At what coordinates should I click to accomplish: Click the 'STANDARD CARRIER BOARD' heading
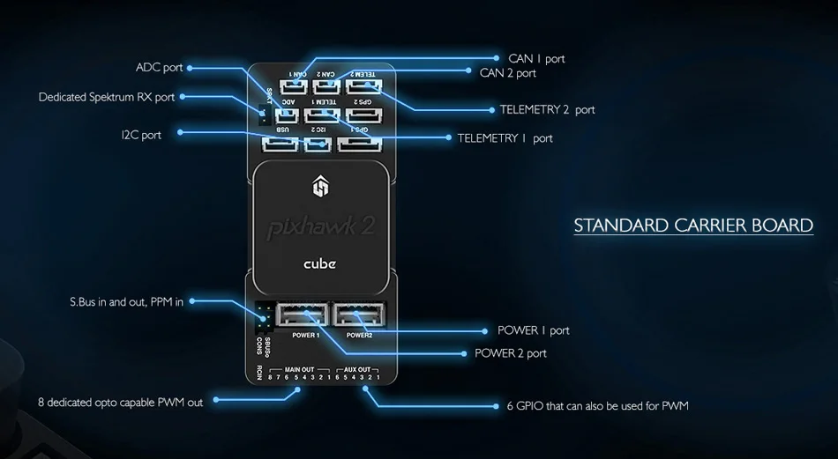[x=693, y=226]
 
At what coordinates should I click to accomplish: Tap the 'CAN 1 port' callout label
[x=536, y=59]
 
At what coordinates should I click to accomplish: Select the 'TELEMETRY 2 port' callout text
[x=547, y=110]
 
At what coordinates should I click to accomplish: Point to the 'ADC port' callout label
[x=160, y=68]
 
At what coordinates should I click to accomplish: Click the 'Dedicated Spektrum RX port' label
[x=107, y=97]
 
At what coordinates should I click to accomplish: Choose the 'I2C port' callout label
[x=141, y=135]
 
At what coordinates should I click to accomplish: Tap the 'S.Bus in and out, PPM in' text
[x=126, y=302]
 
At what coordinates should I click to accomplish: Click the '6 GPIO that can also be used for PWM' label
[x=597, y=406]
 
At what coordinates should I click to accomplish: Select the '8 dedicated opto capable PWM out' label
[x=120, y=403]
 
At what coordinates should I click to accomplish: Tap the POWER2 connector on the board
[x=358, y=315]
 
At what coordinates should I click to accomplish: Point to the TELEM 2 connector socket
[x=363, y=86]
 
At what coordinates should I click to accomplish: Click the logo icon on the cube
[x=320, y=186]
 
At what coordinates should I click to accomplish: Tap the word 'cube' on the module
[x=319, y=263]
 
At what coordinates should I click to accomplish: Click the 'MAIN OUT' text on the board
[x=300, y=369]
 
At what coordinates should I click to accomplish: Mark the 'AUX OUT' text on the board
[x=357, y=369]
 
